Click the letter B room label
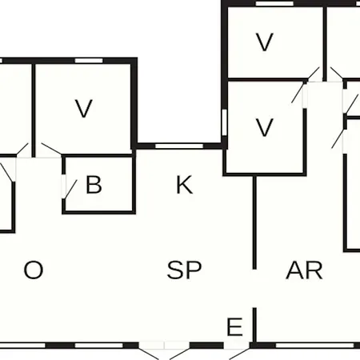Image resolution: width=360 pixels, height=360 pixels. pyautogui.click(x=94, y=184)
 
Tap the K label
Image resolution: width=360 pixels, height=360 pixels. pyautogui.click(x=184, y=185)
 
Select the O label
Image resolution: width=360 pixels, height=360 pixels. pyautogui.click(x=34, y=270)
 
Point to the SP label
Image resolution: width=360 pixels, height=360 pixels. pyautogui.click(x=184, y=270)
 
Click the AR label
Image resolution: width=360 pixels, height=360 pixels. pyautogui.click(x=304, y=270)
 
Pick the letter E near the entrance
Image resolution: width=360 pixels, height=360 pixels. pyautogui.click(x=234, y=326)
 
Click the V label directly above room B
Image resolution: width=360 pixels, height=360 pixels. pyautogui.click(x=84, y=108)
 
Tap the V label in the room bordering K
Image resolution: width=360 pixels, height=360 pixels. pyautogui.click(x=264, y=127)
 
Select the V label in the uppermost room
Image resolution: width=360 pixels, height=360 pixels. pyautogui.click(x=264, y=42)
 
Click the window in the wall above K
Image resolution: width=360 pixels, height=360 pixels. pyautogui.click(x=179, y=146)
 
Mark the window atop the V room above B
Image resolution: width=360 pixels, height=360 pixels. pyautogui.click(x=89, y=61)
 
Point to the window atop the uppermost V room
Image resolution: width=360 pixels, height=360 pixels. pyautogui.click(x=274, y=3)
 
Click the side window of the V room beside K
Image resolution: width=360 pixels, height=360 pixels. pyautogui.click(x=224, y=122)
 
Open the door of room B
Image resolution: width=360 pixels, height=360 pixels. pyautogui.click(x=71, y=189)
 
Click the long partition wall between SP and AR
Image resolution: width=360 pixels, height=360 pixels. pyautogui.click(x=254, y=222)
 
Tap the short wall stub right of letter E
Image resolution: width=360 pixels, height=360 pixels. pyautogui.click(x=254, y=326)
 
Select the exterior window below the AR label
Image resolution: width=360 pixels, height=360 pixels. pyautogui.click(x=315, y=346)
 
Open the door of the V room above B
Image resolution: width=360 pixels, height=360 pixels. pyautogui.click(x=51, y=149)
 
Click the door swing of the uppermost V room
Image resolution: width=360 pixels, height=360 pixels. pyautogui.click(x=314, y=73)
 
